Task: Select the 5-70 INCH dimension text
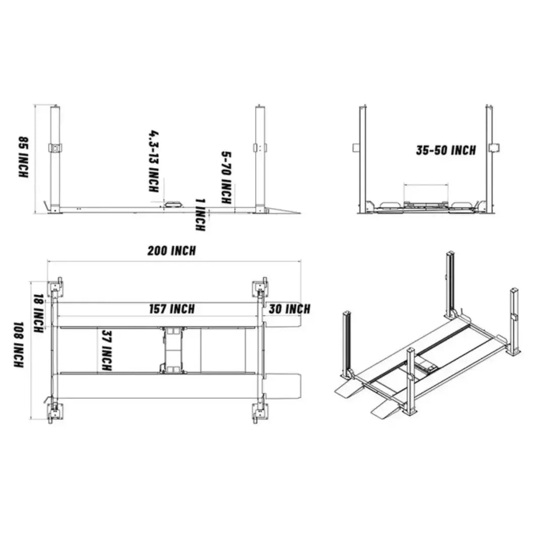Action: pos(227,178)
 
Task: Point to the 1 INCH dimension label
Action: pos(200,214)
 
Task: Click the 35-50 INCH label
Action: pos(446,150)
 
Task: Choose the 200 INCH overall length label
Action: pos(172,250)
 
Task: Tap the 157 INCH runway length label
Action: pos(172,309)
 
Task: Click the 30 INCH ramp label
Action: pos(289,309)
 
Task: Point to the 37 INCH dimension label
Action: pos(106,351)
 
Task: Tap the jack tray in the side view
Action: pos(173,203)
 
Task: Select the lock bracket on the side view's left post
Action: pos(55,148)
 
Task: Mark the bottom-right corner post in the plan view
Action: pos(259,413)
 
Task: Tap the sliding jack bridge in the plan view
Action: pos(173,350)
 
